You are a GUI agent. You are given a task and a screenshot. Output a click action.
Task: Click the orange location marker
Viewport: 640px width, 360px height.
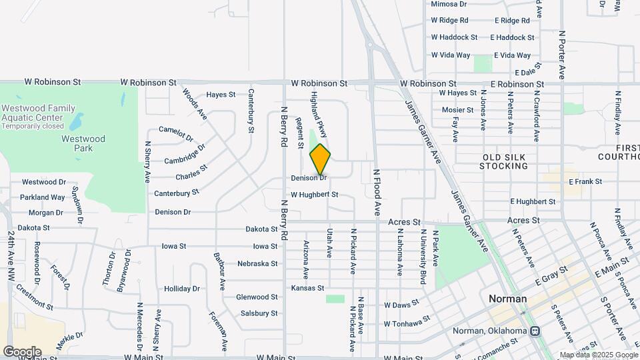(320, 159)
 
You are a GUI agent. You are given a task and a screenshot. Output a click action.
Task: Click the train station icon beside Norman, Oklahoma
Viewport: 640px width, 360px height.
(535, 331)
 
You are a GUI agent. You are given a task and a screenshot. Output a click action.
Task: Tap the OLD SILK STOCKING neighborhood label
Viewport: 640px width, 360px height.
(504, 161)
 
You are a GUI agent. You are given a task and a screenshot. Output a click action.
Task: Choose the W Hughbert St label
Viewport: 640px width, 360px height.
(309, 195)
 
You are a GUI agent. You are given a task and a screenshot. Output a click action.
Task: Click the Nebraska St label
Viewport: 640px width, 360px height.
(257, 263)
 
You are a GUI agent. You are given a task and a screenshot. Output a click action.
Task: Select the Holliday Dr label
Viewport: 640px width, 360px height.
(182, 289)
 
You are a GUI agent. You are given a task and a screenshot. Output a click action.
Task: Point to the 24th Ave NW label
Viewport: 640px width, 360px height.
(11, 257)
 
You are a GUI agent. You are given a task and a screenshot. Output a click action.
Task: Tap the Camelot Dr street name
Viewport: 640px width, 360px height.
(176, 133)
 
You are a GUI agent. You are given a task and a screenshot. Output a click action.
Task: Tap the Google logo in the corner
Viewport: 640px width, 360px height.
(22, 351)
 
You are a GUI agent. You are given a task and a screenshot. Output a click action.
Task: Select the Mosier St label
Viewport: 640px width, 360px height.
(457, 110)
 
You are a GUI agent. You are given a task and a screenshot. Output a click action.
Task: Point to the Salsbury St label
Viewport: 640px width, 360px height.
(259, 313)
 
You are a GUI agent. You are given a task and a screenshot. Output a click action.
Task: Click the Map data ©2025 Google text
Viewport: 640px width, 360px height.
(598, 355)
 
